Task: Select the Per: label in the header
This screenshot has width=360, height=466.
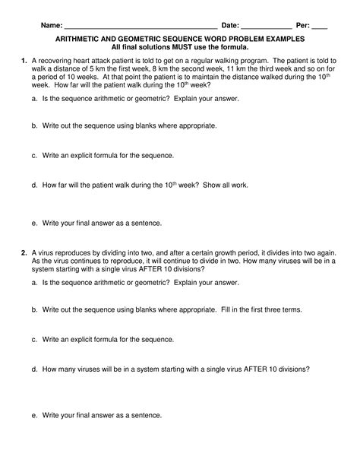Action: point(305,24)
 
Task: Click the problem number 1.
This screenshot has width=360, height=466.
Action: point(24,59)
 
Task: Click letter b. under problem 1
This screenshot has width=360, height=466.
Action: point(35,126)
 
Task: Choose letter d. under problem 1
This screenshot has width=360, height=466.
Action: point(35,185)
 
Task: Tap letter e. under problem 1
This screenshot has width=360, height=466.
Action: point(35,223)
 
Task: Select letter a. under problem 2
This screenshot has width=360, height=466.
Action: point(35,281)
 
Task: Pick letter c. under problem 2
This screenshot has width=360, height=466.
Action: point(35,339)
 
